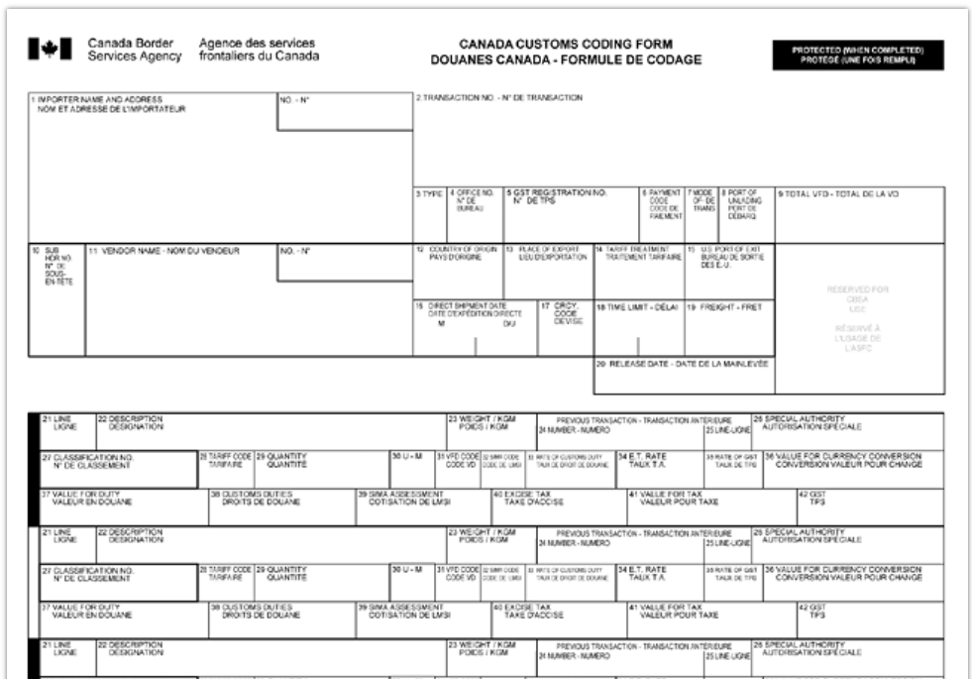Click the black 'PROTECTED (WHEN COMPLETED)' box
(x=857, y=55)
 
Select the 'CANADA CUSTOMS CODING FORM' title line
(x=566, y=45)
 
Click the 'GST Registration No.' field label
(x=558, y=194)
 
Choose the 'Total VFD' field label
(x=837, y=194)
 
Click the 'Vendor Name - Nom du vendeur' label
(x=163, y=251)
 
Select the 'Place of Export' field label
(x=546, y=254)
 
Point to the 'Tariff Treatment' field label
(x=638, y=254)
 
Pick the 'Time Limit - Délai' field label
(x=637, y=308)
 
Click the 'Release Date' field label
(x=683, y=364)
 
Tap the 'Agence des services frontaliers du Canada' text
(x=259, y=50)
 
